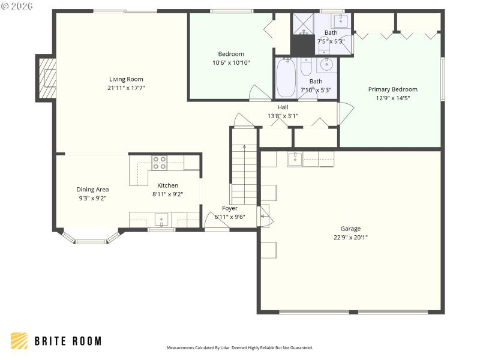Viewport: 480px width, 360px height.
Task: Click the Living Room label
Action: point(126,79)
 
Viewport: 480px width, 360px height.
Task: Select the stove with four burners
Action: point(160,163)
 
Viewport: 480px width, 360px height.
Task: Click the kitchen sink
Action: point(161,219)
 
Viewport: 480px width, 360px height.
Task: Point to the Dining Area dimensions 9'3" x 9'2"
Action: point(92,198)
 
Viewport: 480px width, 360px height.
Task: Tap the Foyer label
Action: point(230,208)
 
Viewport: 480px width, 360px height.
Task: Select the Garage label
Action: point(350,229)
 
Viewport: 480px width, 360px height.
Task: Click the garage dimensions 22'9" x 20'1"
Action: point(350,237)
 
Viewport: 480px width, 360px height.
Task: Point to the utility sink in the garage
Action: point(295,159)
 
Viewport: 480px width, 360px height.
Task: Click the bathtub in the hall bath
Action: point(285,78)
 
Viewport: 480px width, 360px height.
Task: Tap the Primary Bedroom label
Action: point(392,89)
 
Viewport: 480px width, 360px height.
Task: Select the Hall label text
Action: point(283,107)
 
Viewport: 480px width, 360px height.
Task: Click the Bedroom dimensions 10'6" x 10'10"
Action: point(231,62)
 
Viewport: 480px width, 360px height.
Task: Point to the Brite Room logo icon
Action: point(19,341)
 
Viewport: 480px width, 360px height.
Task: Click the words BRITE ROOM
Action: point(68,341)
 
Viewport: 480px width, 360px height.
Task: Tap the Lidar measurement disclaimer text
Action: point(239,348)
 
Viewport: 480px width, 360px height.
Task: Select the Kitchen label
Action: point(167,185)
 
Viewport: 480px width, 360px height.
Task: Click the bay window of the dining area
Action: point(89,241)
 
